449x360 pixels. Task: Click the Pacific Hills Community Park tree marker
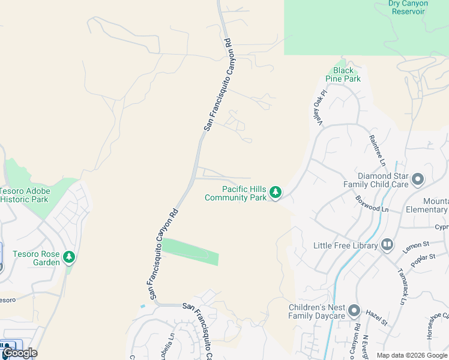click(276, 192)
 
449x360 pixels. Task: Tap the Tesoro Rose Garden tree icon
click(70, 257)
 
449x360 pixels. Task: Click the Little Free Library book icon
click(387, 245)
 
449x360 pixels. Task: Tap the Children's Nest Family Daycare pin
click(354, 311)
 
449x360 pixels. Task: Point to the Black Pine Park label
click(343, 74)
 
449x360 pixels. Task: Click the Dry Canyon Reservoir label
click(408, 7)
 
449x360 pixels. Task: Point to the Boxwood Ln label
click(372, 204)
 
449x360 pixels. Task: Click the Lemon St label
click(417, 245)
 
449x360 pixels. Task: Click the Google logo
click(20, 353)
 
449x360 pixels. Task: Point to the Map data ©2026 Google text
click(412, 355)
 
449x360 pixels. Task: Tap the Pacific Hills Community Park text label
click(235, 193)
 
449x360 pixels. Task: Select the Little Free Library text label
click(345, 245)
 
